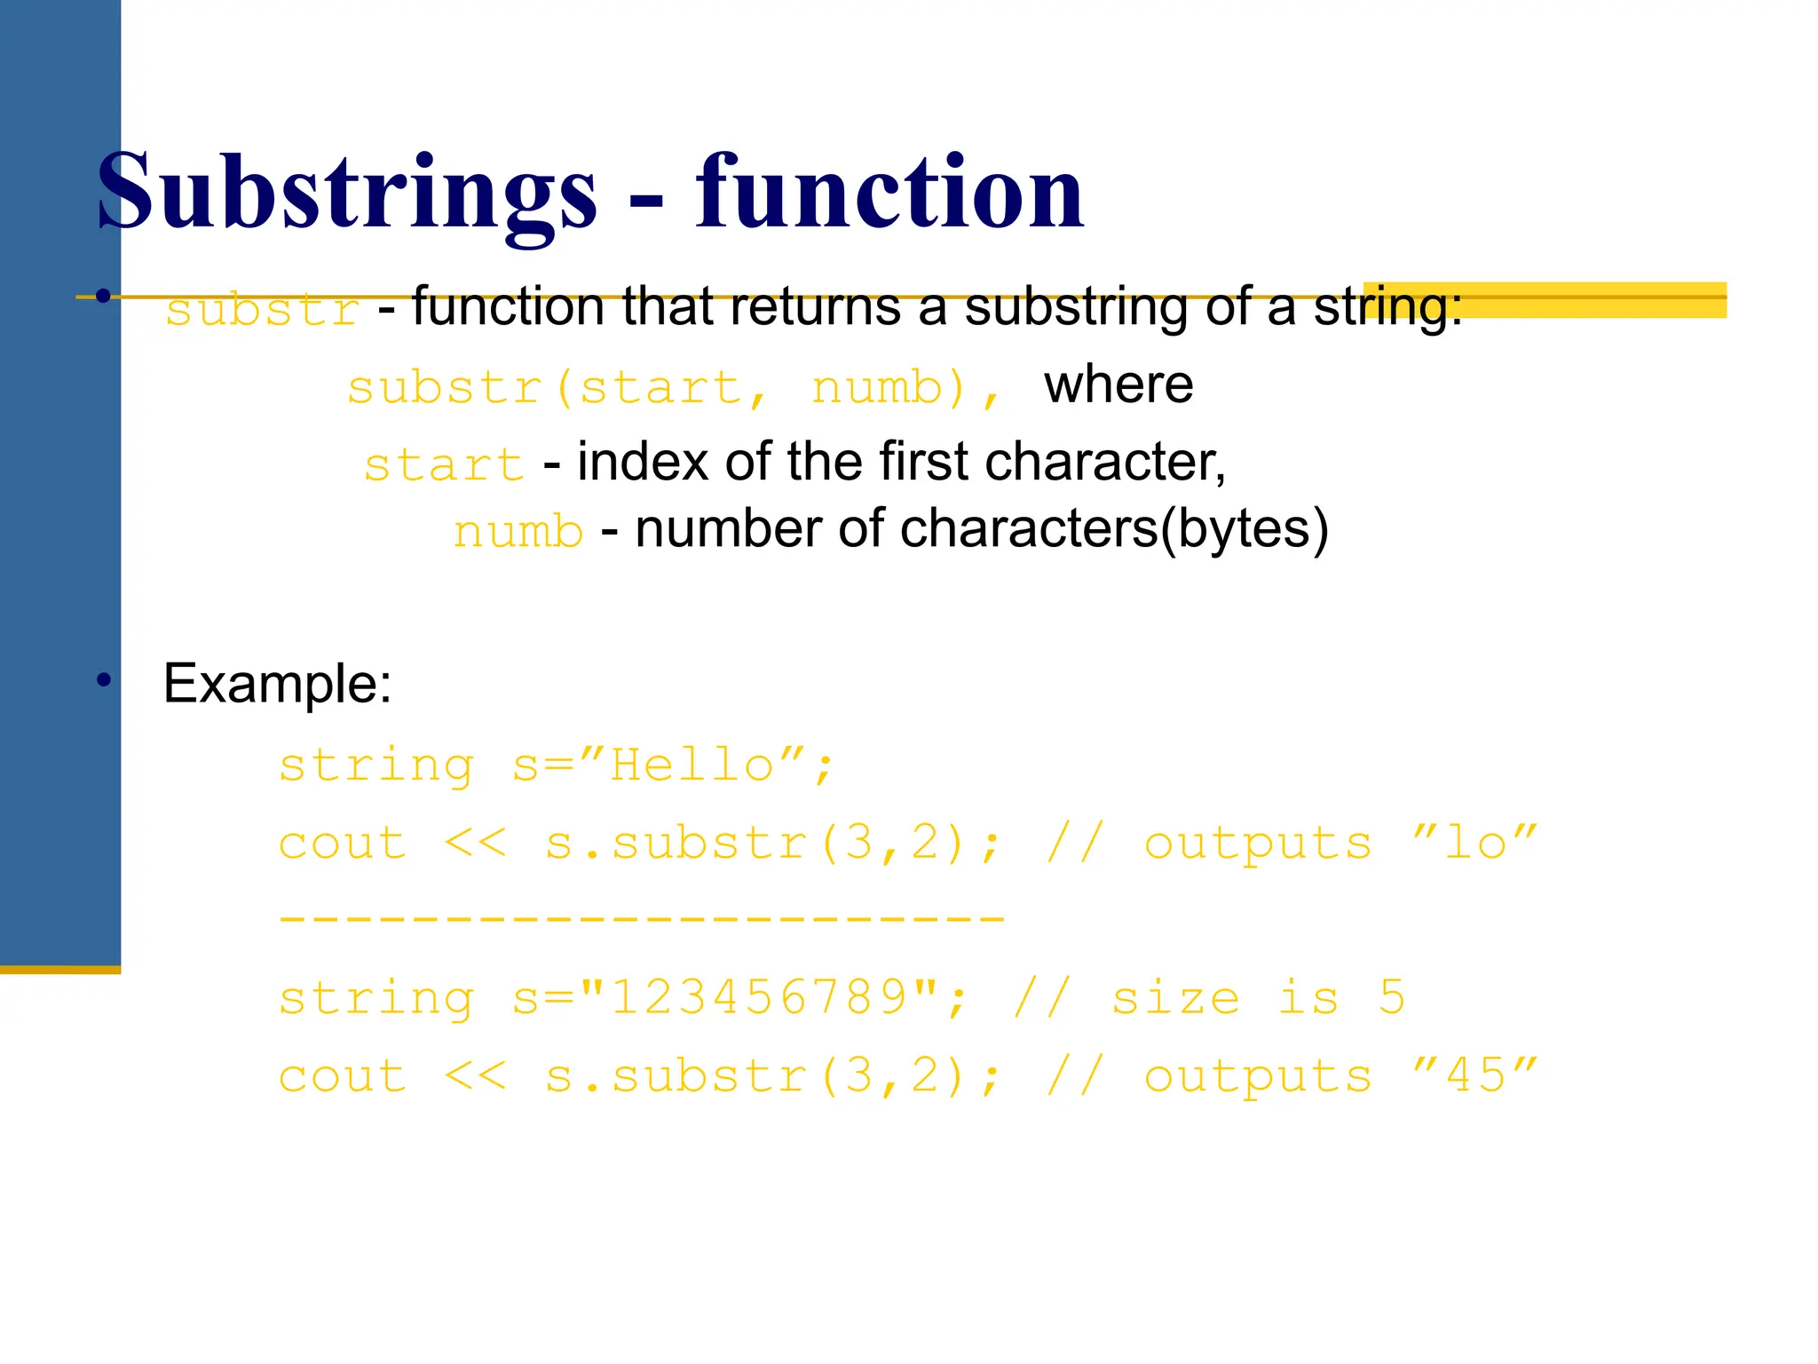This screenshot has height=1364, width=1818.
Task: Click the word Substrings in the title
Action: (x=346, y=193)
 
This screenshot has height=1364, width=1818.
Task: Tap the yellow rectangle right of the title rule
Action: (x=1545, y=300)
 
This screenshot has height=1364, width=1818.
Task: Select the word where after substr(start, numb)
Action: (x=1118, y=385)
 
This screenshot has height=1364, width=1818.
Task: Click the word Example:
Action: (x=277, y=685)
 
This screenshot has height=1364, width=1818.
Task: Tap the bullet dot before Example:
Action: (x=105, y=681)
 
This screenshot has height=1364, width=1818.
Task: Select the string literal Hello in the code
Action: (x=692, y=765)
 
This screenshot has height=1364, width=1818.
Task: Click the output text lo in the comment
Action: (x=1475, y=843)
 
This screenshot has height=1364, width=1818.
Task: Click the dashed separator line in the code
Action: (x=641, y=920)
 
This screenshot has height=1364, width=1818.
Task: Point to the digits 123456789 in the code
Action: (x=759, y=998)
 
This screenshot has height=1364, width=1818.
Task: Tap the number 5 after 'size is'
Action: (x=1392, y=998)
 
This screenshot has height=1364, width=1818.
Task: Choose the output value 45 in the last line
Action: (x=1475, y=1076)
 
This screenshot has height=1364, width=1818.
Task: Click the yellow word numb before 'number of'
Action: (x=518, y=532)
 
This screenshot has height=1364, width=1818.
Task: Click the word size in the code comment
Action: (x=1175, y=998)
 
